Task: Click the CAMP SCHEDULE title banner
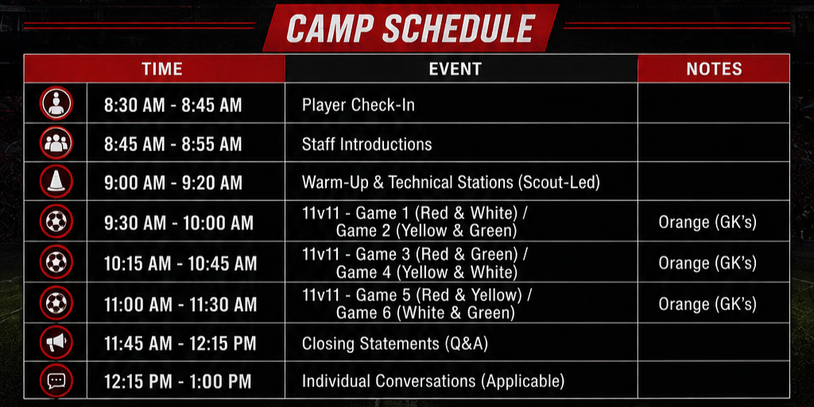(410, 28)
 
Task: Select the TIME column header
(162, 69)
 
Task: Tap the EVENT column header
(455, 69)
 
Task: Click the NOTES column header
(714, 69)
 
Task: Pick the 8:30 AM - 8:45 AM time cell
(172, 106)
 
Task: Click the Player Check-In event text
(359, 105)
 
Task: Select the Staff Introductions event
(366, 144)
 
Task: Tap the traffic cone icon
(56, 181)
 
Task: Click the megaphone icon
(56, 342)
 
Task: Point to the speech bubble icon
(56, 381)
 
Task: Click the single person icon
(56, 103)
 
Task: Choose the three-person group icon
(56, 143)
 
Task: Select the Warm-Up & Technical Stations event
(451, 183)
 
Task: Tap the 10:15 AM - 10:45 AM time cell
(180, 263)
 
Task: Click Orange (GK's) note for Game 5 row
(707, 304)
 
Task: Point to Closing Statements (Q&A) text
(394, 343)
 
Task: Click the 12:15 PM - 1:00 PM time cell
(177, 382)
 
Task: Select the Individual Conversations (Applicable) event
(433, 382)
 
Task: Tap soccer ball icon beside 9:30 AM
(56, 221)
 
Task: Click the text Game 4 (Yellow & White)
(426, 272)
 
